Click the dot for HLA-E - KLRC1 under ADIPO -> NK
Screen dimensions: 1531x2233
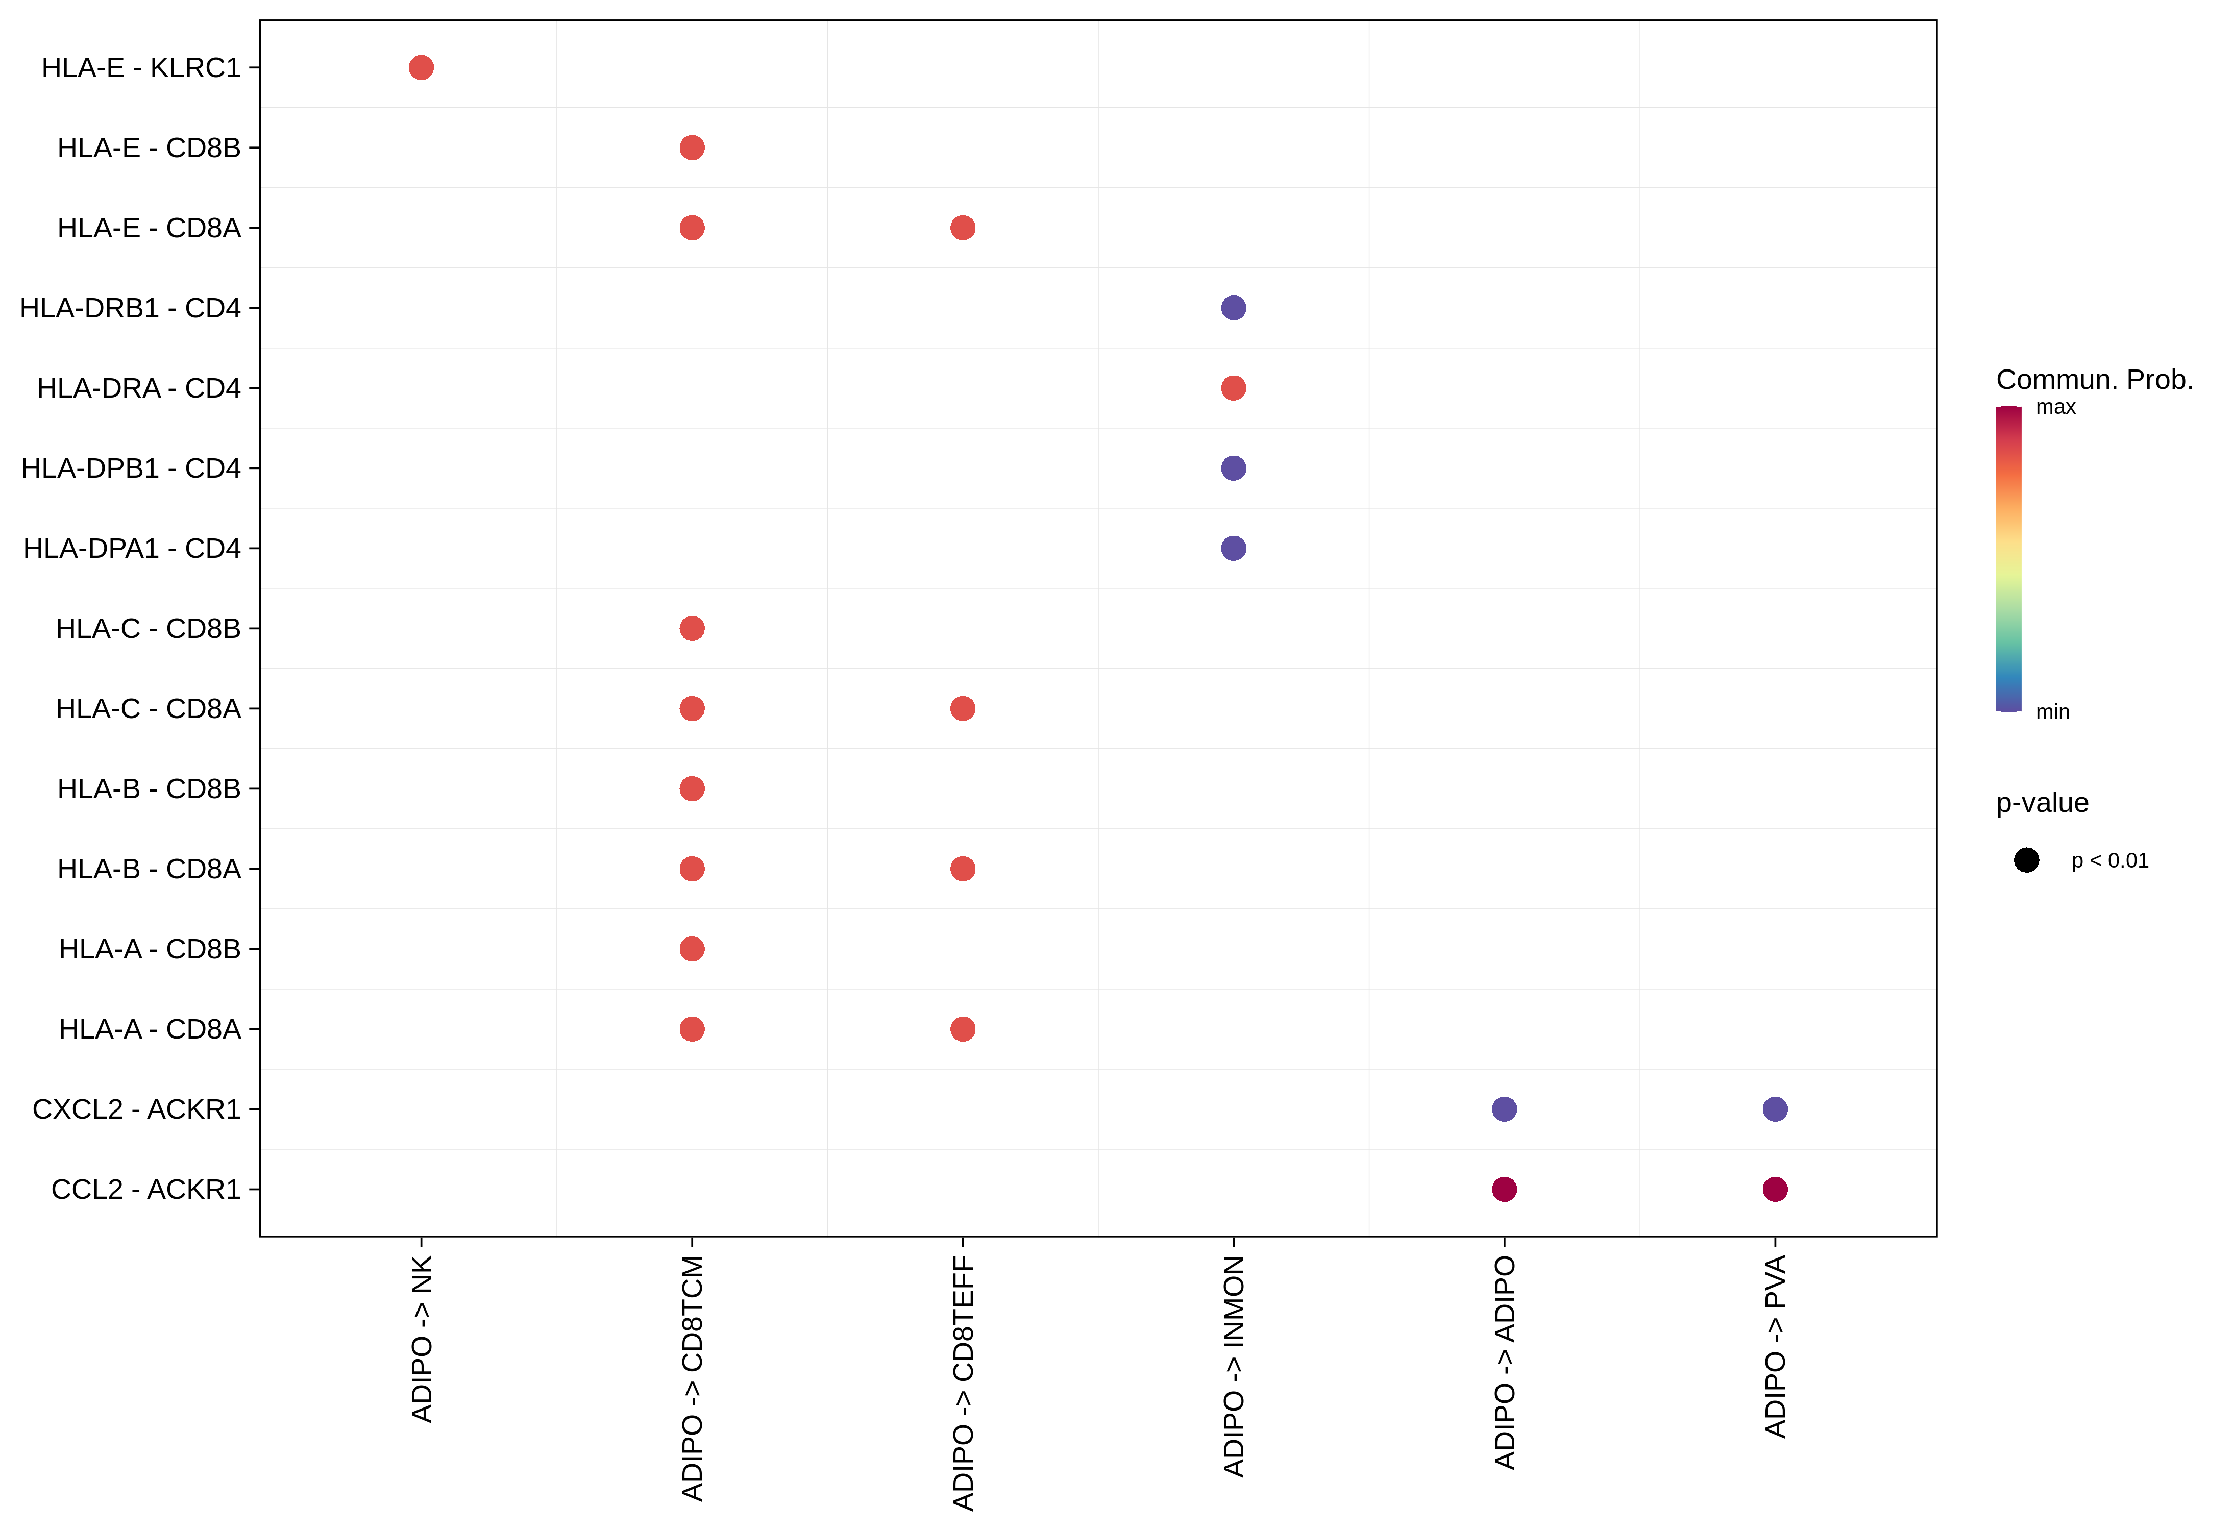(421, 67)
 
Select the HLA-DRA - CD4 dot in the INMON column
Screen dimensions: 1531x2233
(1234, 388)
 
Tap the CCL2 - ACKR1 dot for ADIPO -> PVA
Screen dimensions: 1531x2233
(1775, 1189)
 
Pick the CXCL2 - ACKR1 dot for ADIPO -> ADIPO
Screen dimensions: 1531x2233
(1505, 1109)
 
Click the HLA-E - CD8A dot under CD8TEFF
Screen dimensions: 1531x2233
(963, 228)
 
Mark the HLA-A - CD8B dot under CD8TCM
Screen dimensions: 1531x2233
(692, 949)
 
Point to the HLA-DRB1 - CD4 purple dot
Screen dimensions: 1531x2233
(1234, 308)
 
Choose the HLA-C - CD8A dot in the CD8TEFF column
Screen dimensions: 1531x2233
(963, 709)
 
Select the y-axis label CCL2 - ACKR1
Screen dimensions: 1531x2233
(146, 1189)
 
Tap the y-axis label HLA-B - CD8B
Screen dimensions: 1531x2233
(149, 788)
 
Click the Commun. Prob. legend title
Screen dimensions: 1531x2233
(2095, 379)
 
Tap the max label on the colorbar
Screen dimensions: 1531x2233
(2055, 407)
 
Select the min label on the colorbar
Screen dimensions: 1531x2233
(2052, 712)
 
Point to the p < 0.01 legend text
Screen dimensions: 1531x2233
(2110, 860)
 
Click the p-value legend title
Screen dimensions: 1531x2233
(2042, 803)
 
